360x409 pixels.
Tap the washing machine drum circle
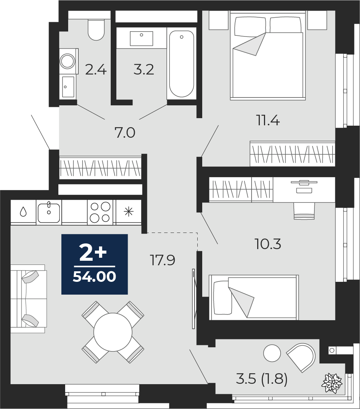click(68, 61)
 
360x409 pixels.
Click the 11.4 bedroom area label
click(268, 121)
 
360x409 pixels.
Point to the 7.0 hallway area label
click(125, 133)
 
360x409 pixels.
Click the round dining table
click(113, 332)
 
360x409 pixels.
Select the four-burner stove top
click(100, 212)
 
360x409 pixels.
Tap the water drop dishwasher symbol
click(23, 212)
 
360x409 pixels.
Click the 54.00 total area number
click(95, 277)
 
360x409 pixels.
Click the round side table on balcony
click(272, 353)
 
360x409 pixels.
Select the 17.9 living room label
click(162, 260)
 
